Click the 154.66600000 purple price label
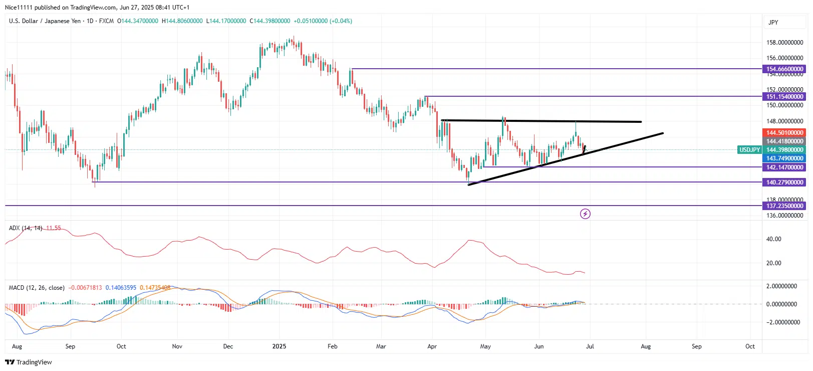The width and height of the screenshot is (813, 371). coord(784,69)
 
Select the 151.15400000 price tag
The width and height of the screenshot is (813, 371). coord(784,97)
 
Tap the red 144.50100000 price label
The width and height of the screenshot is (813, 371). coord(784,133)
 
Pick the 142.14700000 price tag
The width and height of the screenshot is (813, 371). coord(784,167)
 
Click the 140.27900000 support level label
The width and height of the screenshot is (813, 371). coord(784,182)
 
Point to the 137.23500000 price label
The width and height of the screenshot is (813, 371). coord(784,206)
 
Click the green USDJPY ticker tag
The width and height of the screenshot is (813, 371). coord(750,150)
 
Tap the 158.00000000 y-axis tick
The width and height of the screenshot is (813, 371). coord(784,43)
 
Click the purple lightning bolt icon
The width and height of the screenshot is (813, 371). coord(585,214)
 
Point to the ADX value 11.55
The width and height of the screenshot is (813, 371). coord(53,228)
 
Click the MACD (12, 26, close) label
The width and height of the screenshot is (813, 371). coord(37,288)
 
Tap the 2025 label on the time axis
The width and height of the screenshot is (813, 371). coord(279,346)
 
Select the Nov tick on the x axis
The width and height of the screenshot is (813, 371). coord(177,346)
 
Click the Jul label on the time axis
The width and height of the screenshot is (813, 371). coord(590,346)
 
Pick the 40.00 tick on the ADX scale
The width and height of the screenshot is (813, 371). coord(773,239)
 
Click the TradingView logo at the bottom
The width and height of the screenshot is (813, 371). coord(29,362)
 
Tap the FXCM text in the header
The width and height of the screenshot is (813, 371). coord(106,21)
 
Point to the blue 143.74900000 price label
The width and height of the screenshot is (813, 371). coord(784,158)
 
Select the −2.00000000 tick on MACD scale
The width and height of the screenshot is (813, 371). coord(783,322)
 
